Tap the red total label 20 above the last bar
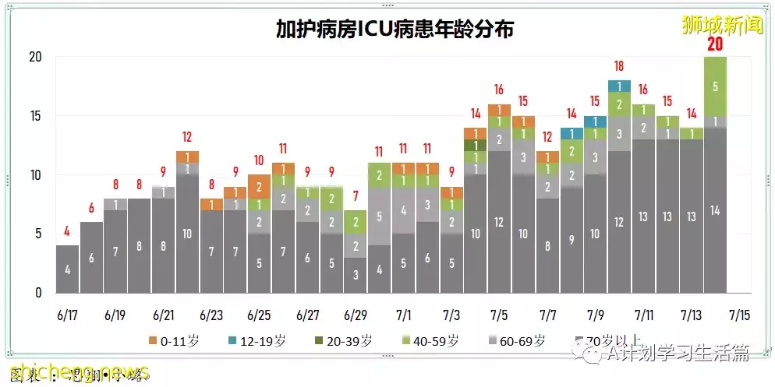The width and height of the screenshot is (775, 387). pyautogui.click(x=715, y=44)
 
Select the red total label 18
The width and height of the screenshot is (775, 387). pyautogui.click(x=619, y=67)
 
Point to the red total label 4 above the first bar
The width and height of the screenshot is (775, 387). pyautogui.click(x=67, y=230)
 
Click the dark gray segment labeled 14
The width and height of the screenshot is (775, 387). pyautogui.click(x=715, y=210)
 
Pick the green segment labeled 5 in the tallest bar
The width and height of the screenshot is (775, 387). pyautogui.click(x=715, y=86)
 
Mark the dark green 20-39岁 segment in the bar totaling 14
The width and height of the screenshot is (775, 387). pyautogui.click(x=475, y=145)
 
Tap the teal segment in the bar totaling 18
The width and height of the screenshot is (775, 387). pyautogui.click(x=619, y=86)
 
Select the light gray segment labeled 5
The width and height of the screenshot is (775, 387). pyautogui.click(x=379, y=216)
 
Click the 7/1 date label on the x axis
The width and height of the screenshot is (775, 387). pyautogui.click(x=403, y=315)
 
